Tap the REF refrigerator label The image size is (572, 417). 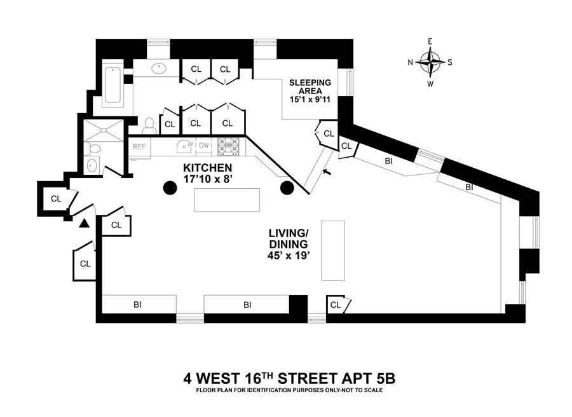[x=139, y=146]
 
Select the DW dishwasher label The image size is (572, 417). [x=204, y=146]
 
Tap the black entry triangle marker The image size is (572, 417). [x=84, y=222]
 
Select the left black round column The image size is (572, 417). [x=170, y=188]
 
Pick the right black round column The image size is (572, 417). [x=287, y=188]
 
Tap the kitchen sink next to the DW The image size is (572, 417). [x=185, y=146]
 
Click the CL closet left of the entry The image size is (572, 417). [x=56, y=199]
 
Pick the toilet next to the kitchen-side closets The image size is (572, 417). [x=150, y=124]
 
